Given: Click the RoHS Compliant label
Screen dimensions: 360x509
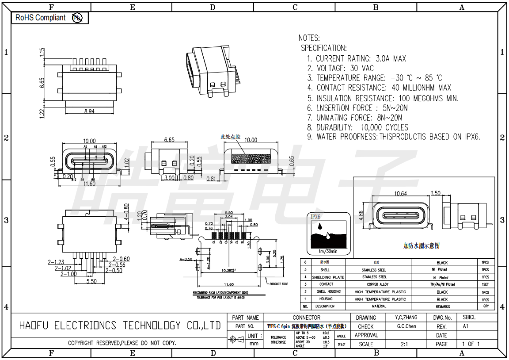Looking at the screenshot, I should pyautogui.click(x=40, y=18).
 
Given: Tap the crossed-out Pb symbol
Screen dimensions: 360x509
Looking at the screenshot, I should pyautogui.click(x=77, y=18).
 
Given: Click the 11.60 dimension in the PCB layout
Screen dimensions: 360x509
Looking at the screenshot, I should pyautogui.click(x=229, y=284).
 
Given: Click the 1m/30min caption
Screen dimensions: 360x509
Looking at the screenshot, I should pyautogui.click(x=328, y=251).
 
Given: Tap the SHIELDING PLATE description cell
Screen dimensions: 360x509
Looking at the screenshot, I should pyautogui.click(x=325, y=277).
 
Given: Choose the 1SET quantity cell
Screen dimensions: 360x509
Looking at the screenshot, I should pyautogui.click(x=486, y=284).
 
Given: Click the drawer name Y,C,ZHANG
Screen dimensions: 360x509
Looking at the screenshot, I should pyautogui.click(x=406, y=318).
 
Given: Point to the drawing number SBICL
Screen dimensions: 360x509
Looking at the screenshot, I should pyautogui.click(x=469, y=318).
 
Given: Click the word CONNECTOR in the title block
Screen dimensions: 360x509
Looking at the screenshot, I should pyautogui.click(x=306, y=318).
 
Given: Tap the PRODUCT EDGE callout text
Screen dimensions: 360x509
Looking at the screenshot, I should pyautogui.click(x=278, y=284).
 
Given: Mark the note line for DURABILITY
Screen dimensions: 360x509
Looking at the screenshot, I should pyautogui.click(x=362, y=127).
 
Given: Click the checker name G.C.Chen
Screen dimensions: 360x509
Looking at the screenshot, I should pyautogui.click(x=406, y=326).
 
